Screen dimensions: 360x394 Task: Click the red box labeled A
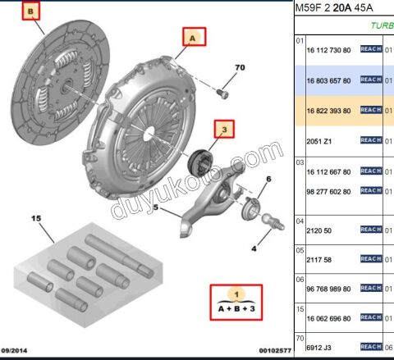(193, 38)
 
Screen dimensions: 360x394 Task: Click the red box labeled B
(31, 12)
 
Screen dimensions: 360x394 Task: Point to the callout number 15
(35, 219)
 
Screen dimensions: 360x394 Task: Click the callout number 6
(268, 180)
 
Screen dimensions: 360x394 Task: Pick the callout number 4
(254, 248)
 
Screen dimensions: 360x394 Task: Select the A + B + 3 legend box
(236, 302)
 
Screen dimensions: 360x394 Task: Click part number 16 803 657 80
(330, 80)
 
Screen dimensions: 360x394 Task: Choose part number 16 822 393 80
(330, 110)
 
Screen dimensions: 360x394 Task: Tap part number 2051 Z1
(318, 140)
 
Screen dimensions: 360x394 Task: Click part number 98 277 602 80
(330, 190)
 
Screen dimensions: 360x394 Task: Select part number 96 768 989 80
(330, 288)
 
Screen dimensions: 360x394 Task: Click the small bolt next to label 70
(221, 91)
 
